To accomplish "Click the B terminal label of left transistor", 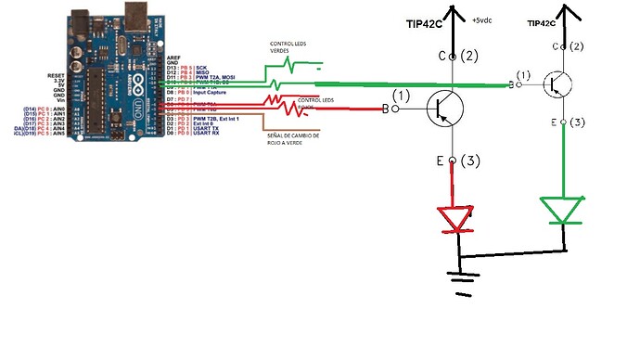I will [386, 109].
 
